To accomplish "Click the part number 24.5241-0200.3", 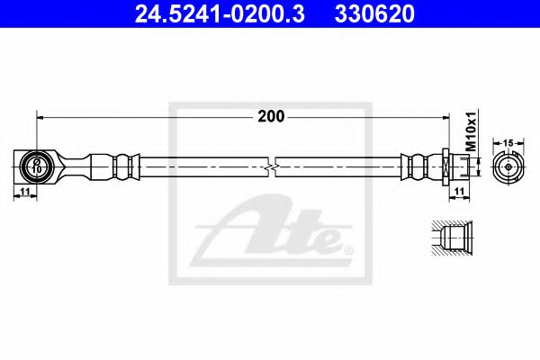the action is click(220, 13).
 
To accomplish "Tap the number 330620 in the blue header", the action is click(374, 13).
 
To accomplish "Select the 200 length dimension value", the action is click(271, 116).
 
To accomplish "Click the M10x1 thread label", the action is click(471, 131).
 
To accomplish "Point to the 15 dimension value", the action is click(508, 142).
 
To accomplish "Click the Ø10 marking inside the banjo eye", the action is click(37, 166).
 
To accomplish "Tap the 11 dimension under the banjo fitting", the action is click(25, 191).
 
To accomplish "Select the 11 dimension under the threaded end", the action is click(460, 191).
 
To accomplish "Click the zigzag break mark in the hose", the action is click(272, 167).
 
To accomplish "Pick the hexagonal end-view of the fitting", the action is click(508, 167).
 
